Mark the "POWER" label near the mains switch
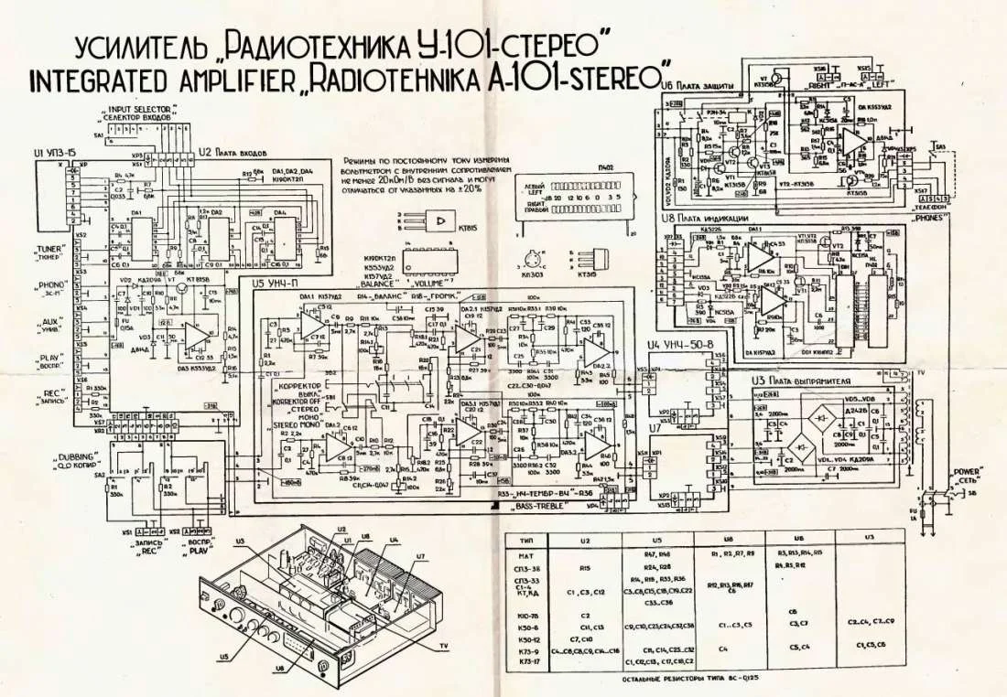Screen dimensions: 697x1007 [967, 472]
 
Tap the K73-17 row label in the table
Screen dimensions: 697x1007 [525, 659]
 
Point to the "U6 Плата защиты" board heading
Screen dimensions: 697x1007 [701, 85]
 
